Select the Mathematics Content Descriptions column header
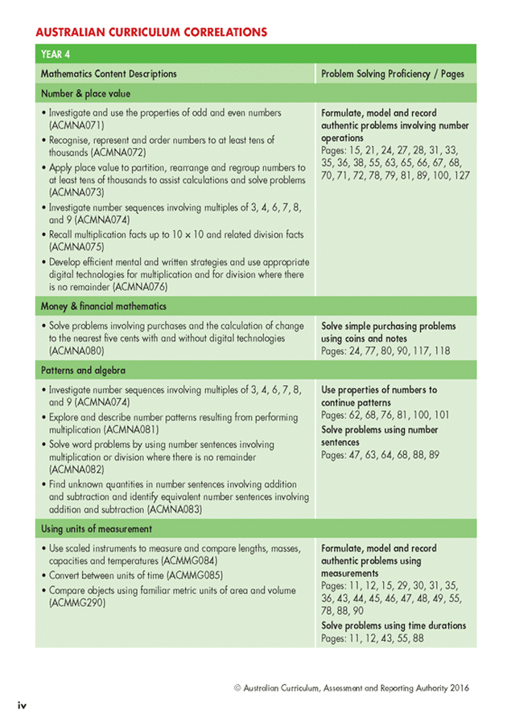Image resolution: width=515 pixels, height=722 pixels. coord(109,74)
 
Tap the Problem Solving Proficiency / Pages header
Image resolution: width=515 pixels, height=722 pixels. coord(393,74)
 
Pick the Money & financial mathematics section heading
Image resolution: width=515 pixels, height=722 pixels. coord(103,306)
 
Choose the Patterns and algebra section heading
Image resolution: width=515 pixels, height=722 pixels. coord(78,369)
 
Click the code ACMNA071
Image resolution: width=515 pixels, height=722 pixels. coord(76,126)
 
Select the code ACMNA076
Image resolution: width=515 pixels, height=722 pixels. coord(140,286)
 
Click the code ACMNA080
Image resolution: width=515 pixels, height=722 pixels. coord(76,351)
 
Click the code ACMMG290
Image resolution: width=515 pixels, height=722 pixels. coord(76,601)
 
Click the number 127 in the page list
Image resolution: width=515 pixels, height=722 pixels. coord(459,175)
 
